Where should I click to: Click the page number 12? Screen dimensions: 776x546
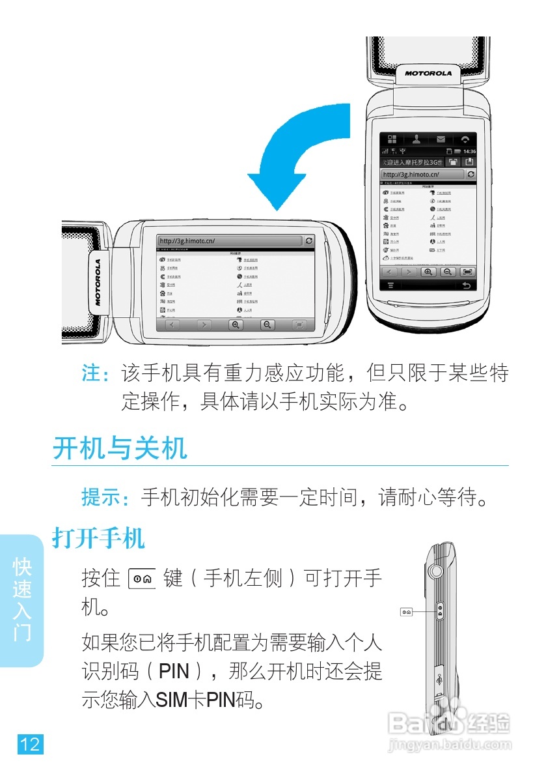coord(30,744)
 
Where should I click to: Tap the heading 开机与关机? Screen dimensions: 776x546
coord(120,448)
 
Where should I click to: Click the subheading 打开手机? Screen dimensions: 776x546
coord(98,539)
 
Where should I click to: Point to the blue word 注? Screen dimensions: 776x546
coord(92,374)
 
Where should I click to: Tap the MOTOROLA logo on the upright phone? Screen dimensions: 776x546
coord(428,73)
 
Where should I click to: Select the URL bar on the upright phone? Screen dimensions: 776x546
coord(422,175)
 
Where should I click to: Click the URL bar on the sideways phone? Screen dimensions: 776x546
coord(229,241)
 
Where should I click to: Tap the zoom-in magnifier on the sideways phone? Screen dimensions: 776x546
coord(236,324)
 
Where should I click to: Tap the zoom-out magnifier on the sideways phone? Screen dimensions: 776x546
coord(267,324)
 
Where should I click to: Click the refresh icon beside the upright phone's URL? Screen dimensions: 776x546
coord(471,175)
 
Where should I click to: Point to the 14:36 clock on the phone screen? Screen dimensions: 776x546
coord(469,151)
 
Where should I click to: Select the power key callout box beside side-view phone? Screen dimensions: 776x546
coord(407,612)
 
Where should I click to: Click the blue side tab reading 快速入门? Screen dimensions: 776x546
coord(22,599)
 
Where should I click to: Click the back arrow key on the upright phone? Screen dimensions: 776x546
coord(465,285)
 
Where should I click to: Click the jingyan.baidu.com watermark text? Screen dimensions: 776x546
coord(448,742)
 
